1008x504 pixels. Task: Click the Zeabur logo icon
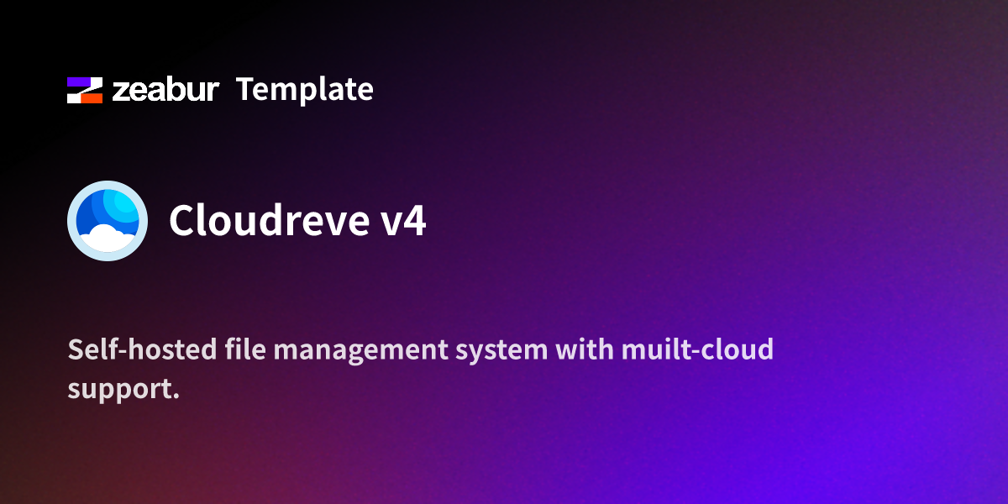point(85,90)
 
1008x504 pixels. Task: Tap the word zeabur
point(165,90)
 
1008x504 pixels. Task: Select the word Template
point(305,89)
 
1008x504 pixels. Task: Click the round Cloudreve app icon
point(108,220)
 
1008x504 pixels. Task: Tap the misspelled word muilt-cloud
point(697,349)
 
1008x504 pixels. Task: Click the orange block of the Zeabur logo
point(90,97)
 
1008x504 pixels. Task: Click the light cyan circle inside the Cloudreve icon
point(125,205)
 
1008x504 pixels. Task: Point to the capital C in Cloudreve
point(182,221)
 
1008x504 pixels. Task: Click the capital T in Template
point(245,89)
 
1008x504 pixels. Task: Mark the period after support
point(176,396)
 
